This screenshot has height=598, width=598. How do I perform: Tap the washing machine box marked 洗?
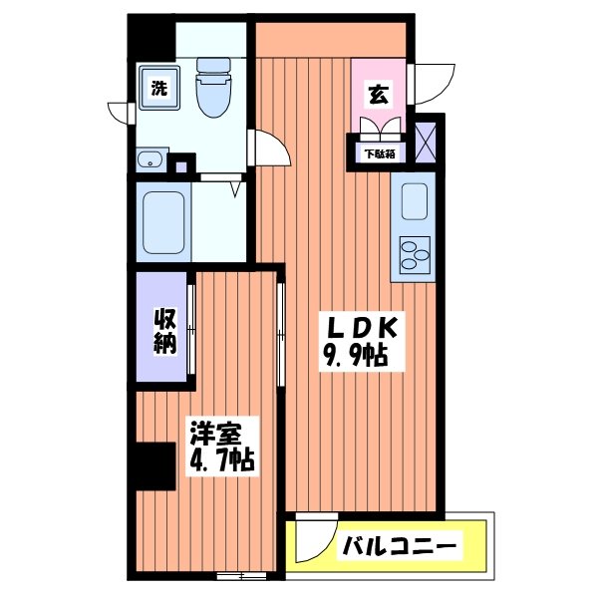tap(157, 88)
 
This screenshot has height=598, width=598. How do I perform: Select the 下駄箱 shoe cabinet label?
tap(379, 154)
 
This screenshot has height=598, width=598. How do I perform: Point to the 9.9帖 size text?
tap(354, 356)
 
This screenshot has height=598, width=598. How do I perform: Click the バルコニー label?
tap(401, 546)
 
